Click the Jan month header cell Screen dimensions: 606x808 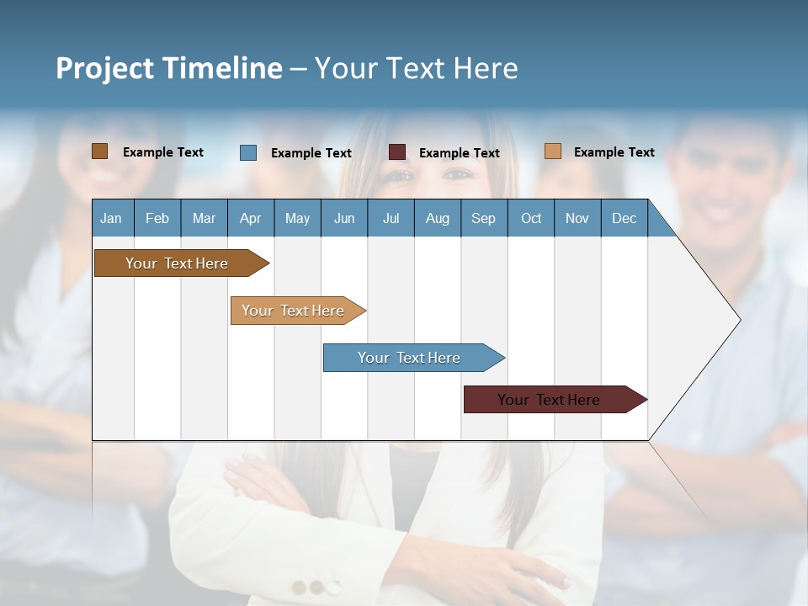(112, 218)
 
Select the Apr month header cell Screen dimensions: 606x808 (251, 218)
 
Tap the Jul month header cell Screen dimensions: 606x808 (391, 218)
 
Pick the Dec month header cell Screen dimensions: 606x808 (624, 218)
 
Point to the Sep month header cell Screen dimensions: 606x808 (484, 218)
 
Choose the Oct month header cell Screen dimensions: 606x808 (531, 218)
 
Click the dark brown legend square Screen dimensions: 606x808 (99, 151)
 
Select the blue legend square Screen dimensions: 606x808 (248, 152)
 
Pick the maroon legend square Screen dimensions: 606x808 (397, 152)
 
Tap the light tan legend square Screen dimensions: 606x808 (553, 151)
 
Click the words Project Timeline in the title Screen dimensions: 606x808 (168, 68)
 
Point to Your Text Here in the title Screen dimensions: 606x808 (417, 68)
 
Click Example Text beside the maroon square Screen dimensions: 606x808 (459, 153)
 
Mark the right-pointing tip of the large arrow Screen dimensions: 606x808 (739, 320)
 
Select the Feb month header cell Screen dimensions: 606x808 (157, 218)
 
